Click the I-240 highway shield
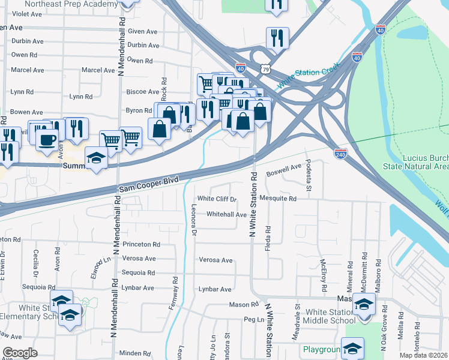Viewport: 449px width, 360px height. pyautogui.click(x=340, y=154)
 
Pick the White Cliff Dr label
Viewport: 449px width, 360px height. pyautogui.click(x=217, y=199)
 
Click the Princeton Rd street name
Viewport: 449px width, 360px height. pyautogui.click(x=141, y=245)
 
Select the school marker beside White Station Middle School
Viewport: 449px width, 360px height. pyautogui.click(x=364, y=304)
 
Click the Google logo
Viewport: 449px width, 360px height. pyautogui.click(x=19, y=353)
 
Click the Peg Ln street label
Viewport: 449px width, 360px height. pyautogui.click(x=254, y=320)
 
